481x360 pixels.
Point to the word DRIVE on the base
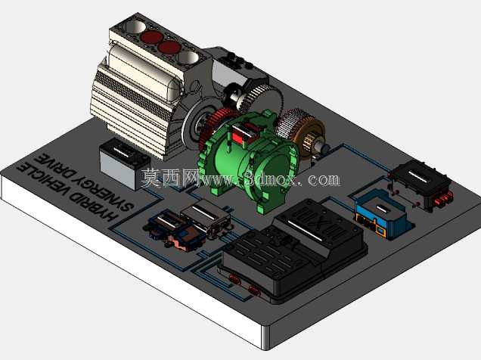pos(51,163)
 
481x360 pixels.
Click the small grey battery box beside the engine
pos(124,163)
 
